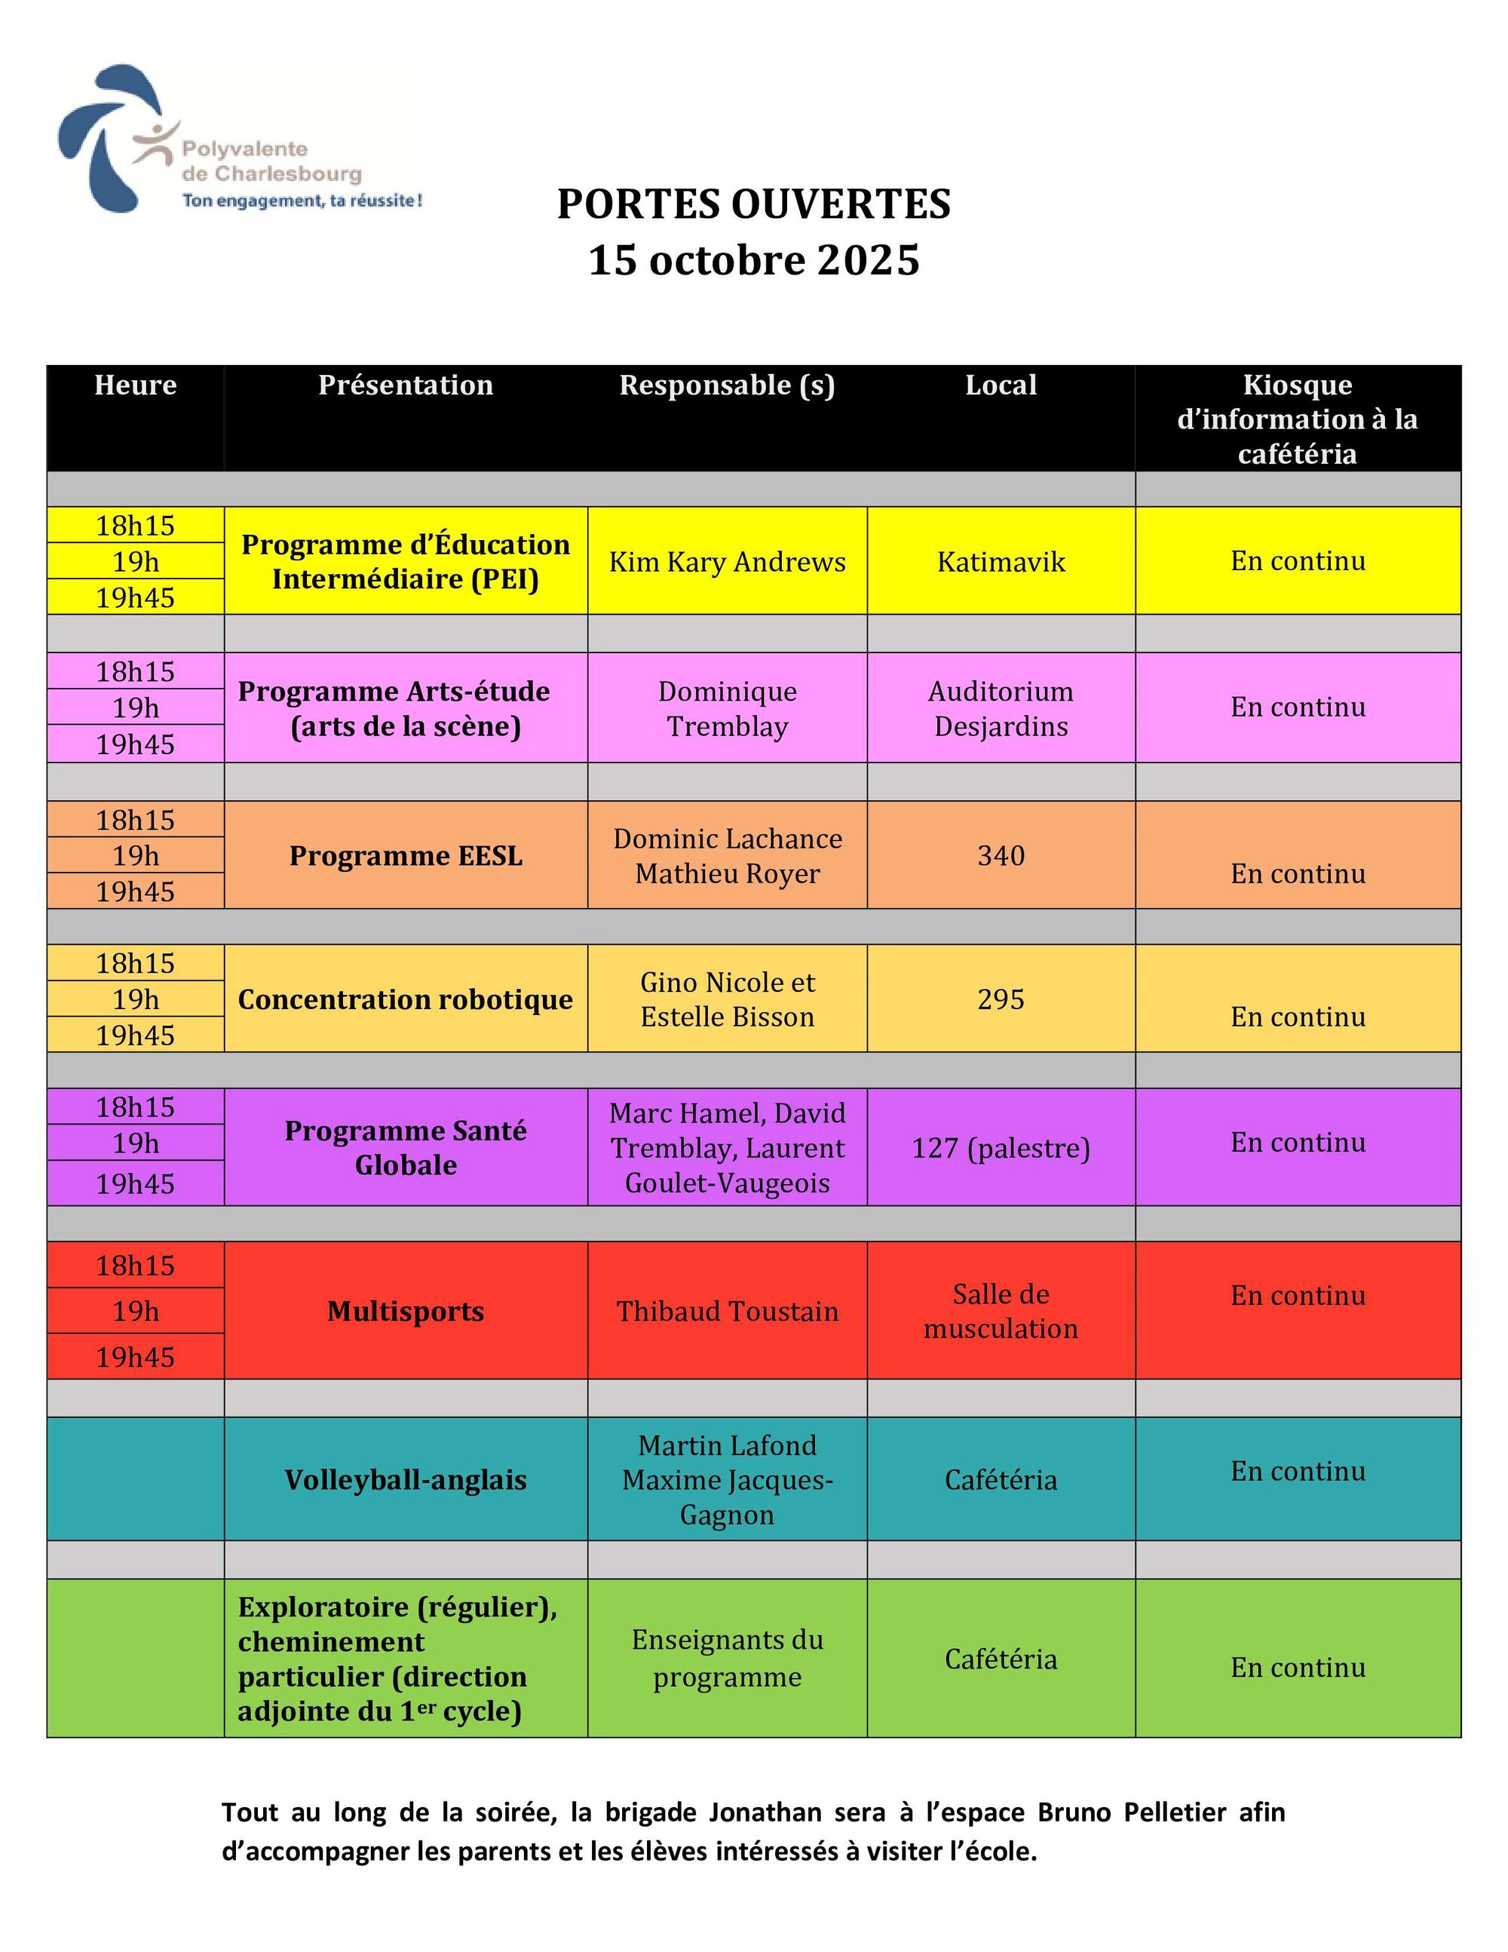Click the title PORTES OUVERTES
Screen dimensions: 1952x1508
pyautogui.click(x=753, y=204)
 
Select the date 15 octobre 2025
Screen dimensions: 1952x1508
pyautogui.click(x=753, y=261)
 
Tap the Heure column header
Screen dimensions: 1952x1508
pyautogui.click(x=135, y=385)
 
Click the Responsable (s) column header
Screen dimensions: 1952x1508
pyautogui.click(x=726, y=385)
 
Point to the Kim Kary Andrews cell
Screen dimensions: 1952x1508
pyautogui.click(x=726, y=562)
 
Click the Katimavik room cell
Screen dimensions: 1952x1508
pyautogui.click(x=1001, y=562)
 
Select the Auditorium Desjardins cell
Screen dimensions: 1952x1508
pyautogui.click(x=1001, y=709)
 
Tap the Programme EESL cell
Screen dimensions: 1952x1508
pyautogui.click(x=406, y=856)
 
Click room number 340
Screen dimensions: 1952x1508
pyautogui.click(x=1001, y=856)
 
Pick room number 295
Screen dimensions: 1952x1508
pyautogui.click(x=1001, y=999)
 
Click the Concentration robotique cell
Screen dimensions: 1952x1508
pyautogui.click(x=406, y=999)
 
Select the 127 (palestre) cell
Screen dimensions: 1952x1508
pyautogui.click(x=1001, y=1149)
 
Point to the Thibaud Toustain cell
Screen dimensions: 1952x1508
pyautogui.click(x=726, y=1311)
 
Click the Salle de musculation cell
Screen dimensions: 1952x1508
pyautogui.click(x=1001, y=1311)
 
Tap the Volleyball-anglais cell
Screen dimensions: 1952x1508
pyautogui.click(x=406, y=1480)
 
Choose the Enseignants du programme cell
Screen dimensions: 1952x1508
pyautogui.click(x=726, y=1659)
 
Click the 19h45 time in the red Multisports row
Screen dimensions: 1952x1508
pyautogui.click(x=135, y=1357)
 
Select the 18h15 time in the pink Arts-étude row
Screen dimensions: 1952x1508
pyautogui.click(x=135, y=672)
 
